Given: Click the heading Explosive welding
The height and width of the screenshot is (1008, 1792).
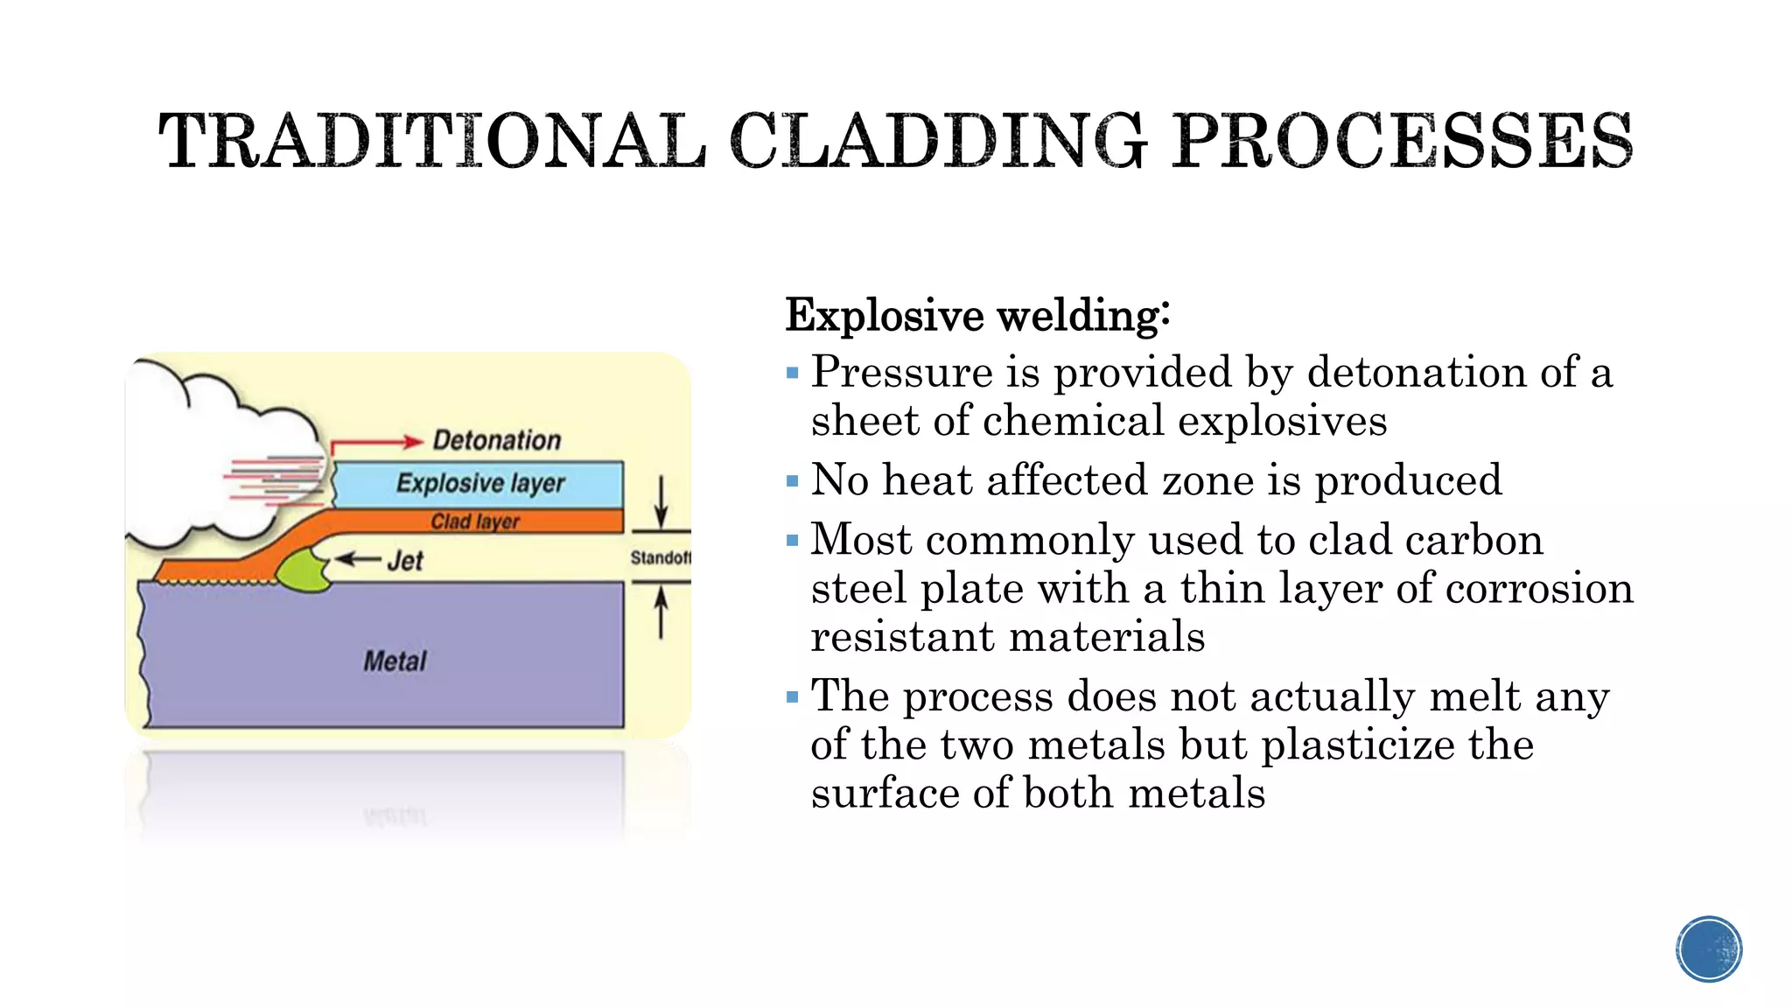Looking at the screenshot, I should [x=976, y=316].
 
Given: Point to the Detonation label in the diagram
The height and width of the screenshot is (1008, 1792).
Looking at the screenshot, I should [x=496, y=440].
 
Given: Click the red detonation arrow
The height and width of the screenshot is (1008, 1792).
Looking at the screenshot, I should [x=376, y=443].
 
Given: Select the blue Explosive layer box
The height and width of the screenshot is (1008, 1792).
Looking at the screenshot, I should [x=479, y=483].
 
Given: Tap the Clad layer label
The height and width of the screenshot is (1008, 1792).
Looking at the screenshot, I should [x=475, y=521].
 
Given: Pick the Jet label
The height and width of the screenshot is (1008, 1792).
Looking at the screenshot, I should [x=405, y=561].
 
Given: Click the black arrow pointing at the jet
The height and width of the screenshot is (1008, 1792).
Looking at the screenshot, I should [x=359, y=559].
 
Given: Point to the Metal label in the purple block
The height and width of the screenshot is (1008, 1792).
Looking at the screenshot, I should [x=395, y=661].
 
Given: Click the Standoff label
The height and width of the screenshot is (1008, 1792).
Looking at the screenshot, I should [x=660, y=557].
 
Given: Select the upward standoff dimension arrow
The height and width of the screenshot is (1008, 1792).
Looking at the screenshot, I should [x=661, y=612].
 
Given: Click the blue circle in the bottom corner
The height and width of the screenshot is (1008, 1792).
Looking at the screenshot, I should [x=1708, y=949].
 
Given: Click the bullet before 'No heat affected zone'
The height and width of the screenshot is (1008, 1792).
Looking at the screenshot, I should [x=793, y=481].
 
